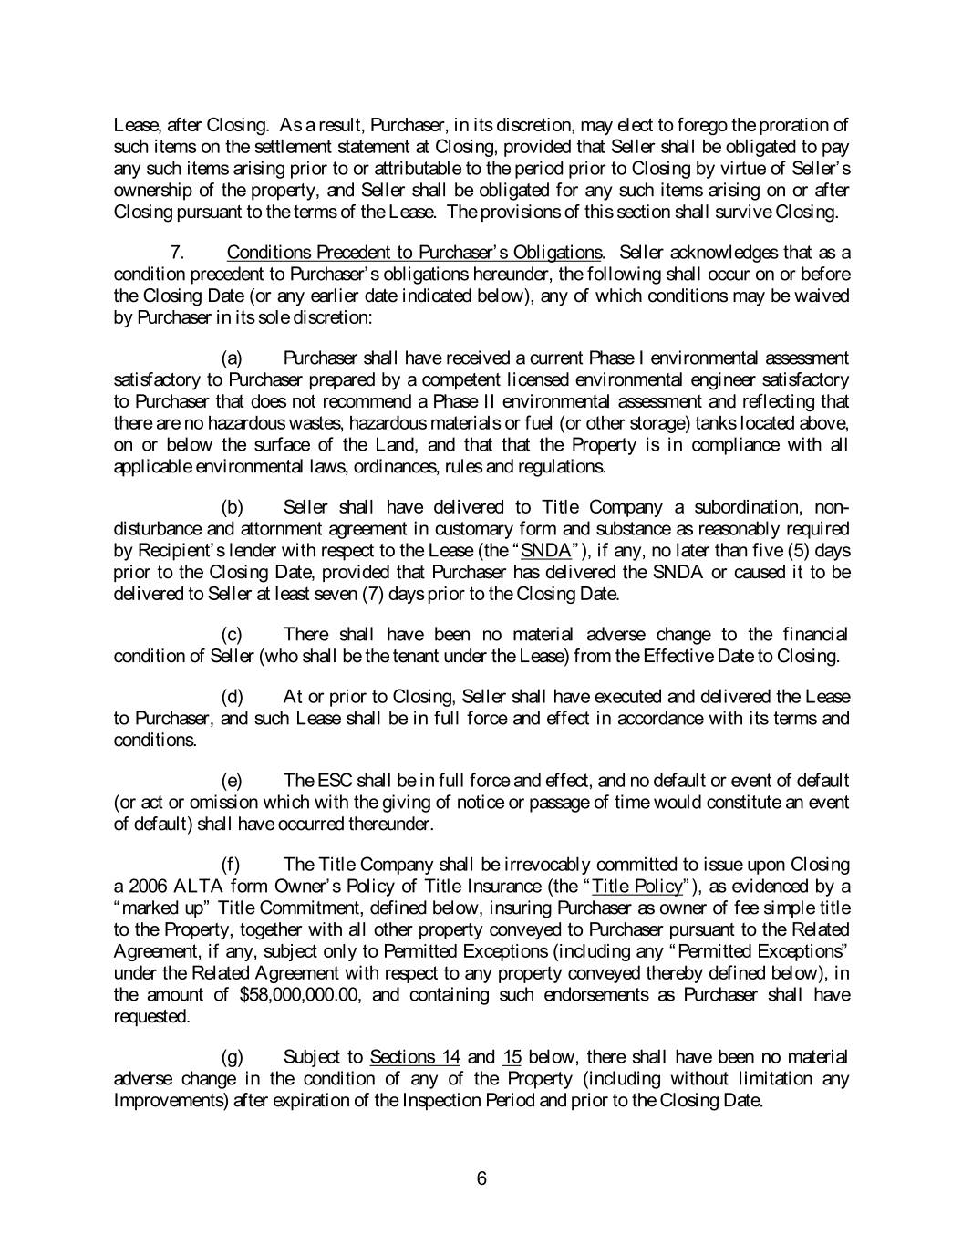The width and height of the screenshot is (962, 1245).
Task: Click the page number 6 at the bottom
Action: (x=481, y=1178)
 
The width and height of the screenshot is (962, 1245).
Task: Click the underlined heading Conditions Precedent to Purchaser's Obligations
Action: (x=414, y=252)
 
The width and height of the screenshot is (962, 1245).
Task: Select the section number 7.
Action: (x=178, y=252)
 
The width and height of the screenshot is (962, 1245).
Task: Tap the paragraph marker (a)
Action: (x=233, y=358)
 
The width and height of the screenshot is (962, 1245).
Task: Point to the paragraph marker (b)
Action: (x=233, y=507)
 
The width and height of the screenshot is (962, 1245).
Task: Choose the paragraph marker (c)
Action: (x=233, y=634)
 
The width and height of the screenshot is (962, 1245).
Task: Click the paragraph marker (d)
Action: (x=233, y=697)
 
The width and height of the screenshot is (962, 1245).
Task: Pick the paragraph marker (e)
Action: (x=233, y=781)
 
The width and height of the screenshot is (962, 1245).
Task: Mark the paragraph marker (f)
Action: (x=232, y=865)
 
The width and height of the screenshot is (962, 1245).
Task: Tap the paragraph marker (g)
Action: (x=233, y=1057)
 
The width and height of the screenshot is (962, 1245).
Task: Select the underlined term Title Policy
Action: (x=636, y=887)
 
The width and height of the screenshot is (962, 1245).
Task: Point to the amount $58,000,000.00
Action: (x=300, y=994)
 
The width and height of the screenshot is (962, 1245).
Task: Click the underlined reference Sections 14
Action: (x=414, y=1057)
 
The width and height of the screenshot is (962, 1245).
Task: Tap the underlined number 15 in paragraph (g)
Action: (x=512, y=1057)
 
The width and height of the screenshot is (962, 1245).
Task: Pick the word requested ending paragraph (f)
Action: (x=151, y=1016)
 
